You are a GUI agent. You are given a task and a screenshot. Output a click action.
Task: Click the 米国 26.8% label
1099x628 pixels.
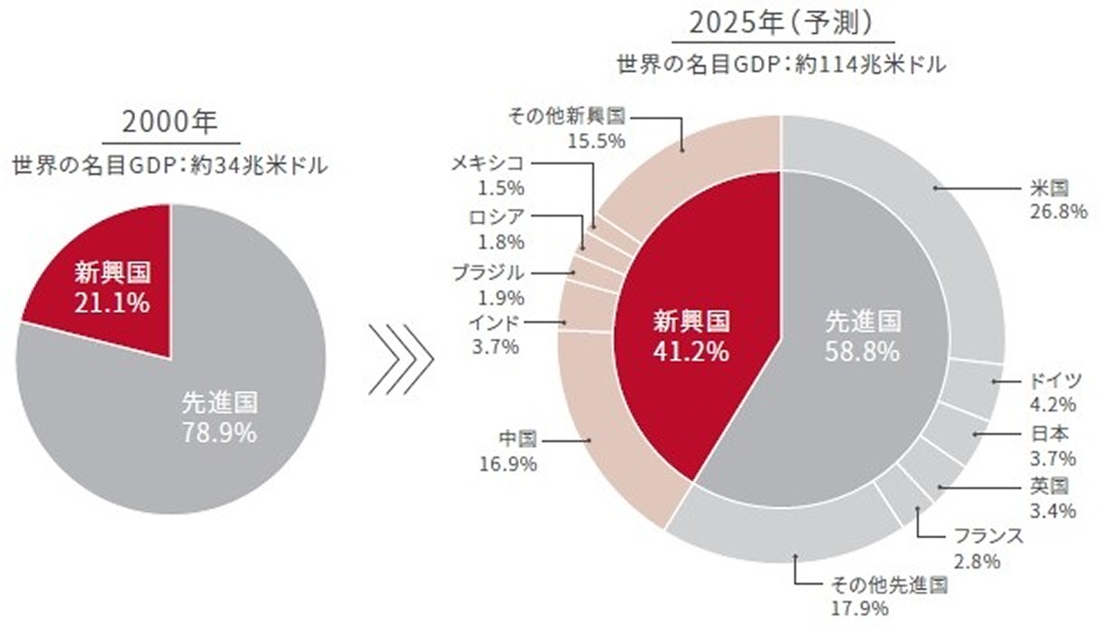[x=1049, y=199]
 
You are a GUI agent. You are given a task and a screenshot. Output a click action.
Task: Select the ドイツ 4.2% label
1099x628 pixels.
[x=1049, y=391]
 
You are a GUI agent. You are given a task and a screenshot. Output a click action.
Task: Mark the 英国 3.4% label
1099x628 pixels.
[x=1049, y=499]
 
